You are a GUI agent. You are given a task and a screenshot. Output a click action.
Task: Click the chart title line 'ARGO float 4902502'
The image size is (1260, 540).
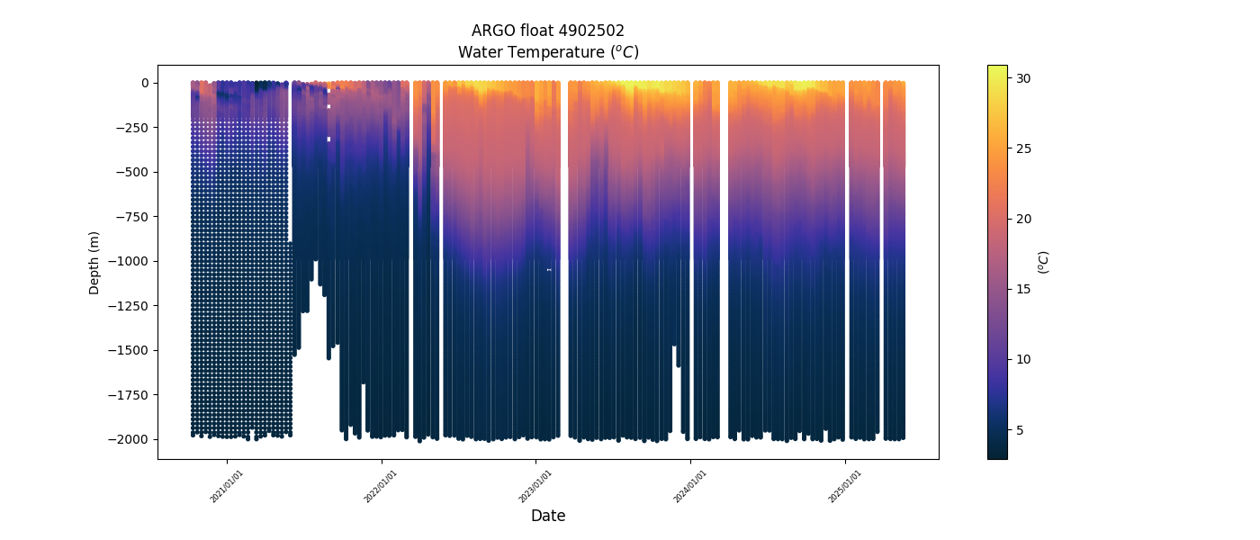pos(547,31)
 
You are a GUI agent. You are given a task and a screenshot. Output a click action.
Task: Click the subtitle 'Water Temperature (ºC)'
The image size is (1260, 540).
pos(547,52)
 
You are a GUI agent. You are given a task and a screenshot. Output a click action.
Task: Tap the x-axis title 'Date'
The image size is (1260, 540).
pos(547,516)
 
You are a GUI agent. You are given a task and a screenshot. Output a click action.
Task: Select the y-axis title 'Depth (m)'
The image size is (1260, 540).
pos(94,262)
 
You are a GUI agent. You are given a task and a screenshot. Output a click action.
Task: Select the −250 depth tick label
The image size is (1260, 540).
pos(131,128)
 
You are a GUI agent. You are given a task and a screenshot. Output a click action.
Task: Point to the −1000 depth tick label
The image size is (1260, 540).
pos(129,261)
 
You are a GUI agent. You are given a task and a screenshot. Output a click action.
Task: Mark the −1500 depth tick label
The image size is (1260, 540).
pos(129,350)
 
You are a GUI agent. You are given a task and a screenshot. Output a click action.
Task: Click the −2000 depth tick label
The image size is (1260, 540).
pos(129,439)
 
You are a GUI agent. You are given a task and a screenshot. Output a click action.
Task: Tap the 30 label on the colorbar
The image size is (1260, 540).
pos(1023,78)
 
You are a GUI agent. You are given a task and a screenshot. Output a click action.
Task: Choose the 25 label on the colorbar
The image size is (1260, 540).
pos(1023,148)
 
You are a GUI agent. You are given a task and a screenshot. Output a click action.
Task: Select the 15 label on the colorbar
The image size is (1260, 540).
pos(1023,289)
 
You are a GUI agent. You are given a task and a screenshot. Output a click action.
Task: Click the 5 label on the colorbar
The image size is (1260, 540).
pos(1020,429)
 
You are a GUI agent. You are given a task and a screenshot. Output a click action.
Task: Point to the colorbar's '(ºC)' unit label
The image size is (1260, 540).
pos(1043,262)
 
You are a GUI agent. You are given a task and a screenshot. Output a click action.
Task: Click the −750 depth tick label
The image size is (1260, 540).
pos(131,217)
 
